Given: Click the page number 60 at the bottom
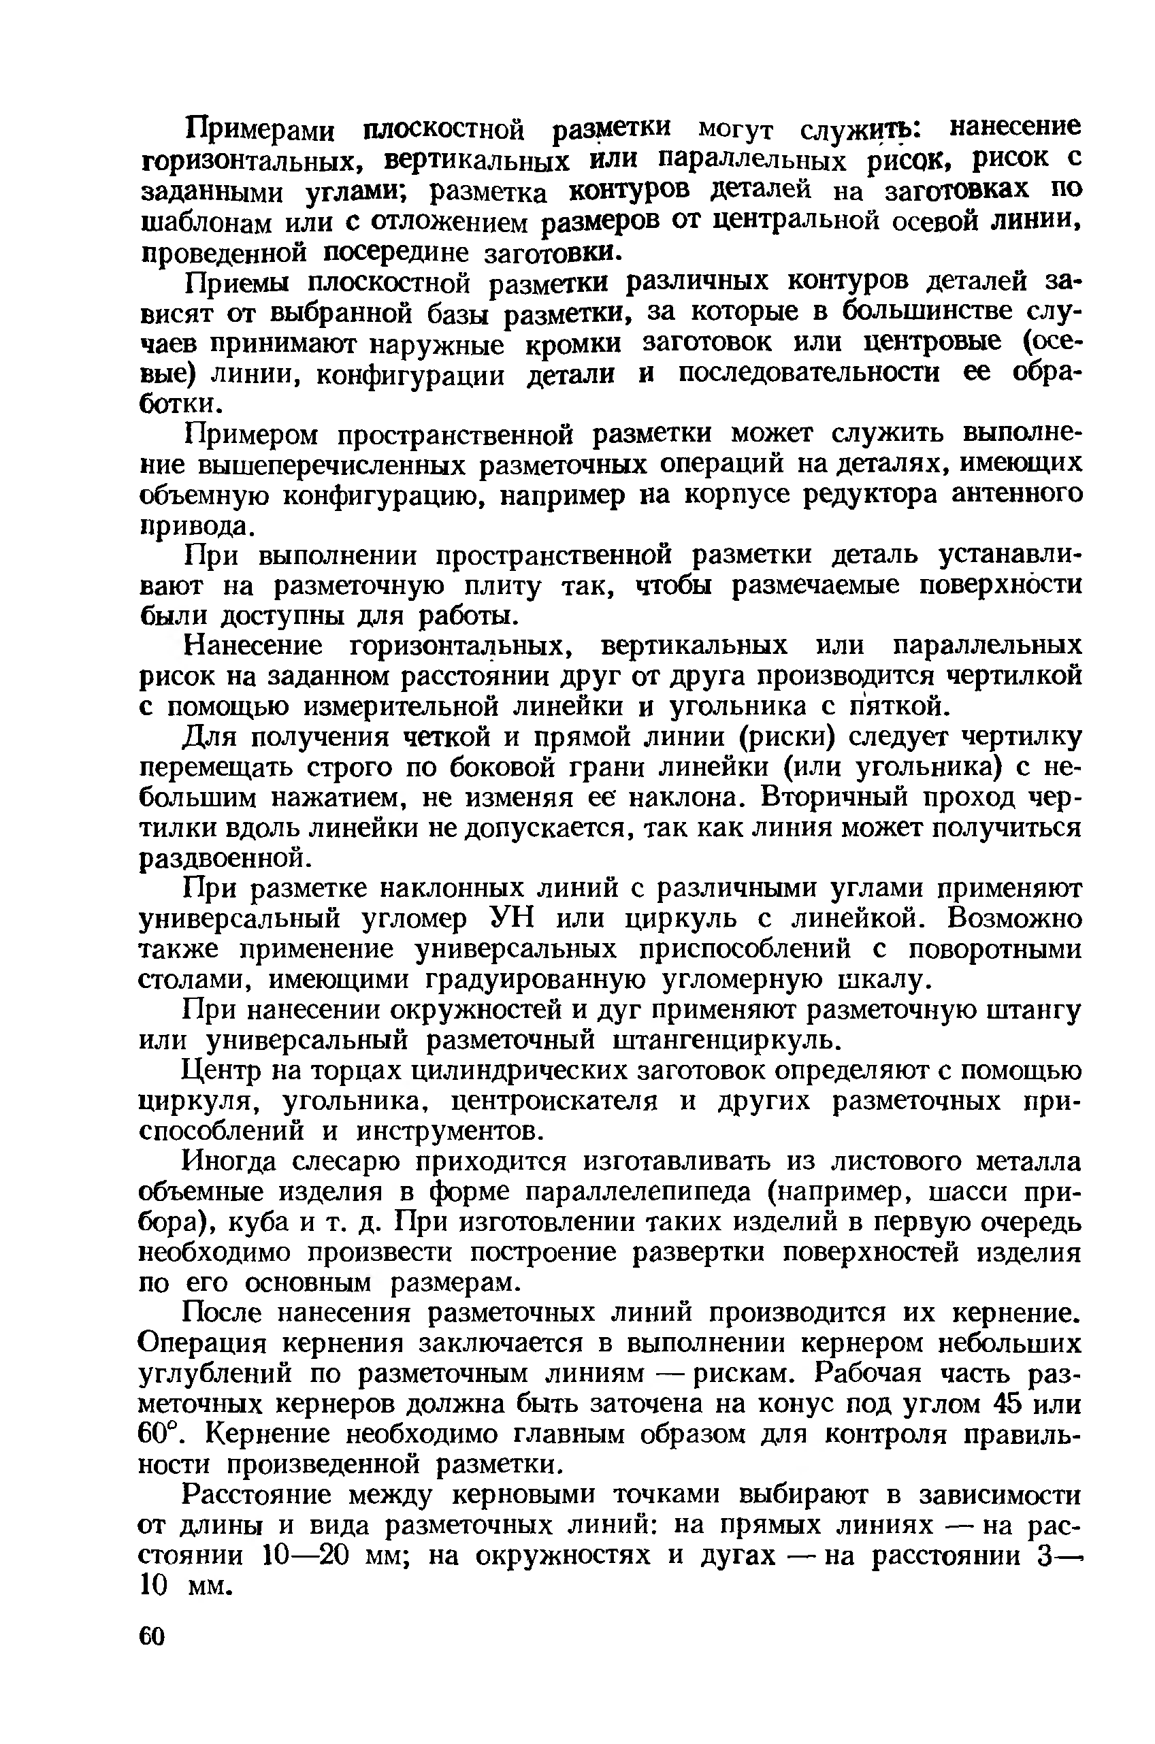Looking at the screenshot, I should click(152, 1637).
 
